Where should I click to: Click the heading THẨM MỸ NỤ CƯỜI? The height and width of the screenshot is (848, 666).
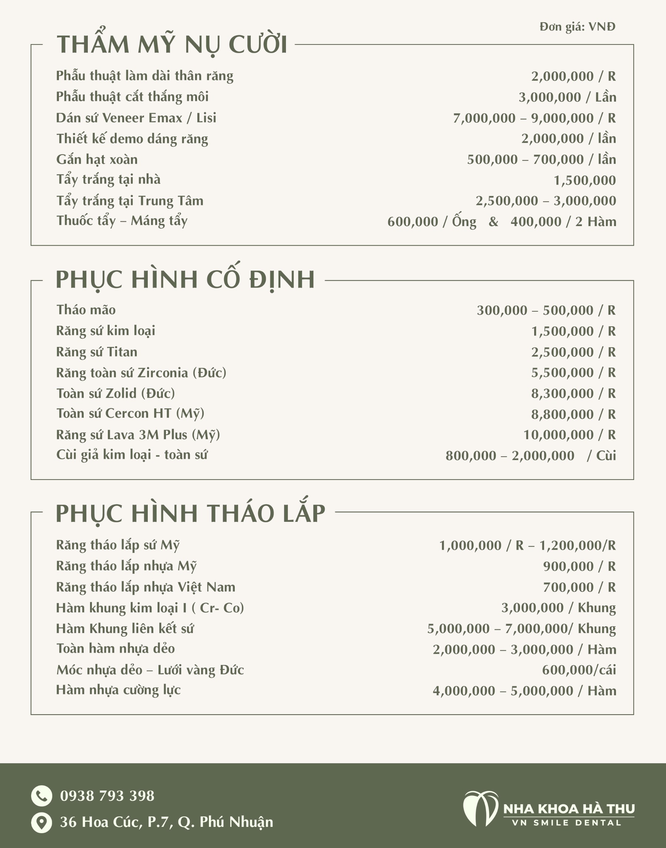click(x=172, y=44)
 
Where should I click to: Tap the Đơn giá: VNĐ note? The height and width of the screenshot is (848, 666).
click(x=577, y=27)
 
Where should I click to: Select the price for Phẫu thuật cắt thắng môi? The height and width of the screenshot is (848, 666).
click(x=567, y=97)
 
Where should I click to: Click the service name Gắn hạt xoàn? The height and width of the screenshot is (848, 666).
click(x=97, y=159)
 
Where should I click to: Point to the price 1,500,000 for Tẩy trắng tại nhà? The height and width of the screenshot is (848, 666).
click(x=585, y=180)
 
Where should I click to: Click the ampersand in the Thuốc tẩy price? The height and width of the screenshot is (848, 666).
click(x=493, y=222)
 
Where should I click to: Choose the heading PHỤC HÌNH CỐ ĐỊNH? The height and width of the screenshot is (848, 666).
click(x=185, y=279)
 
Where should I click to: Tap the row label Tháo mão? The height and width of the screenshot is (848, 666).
click(x=86, y=310)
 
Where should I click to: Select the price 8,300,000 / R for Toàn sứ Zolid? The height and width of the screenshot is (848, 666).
click(x=573, y=393)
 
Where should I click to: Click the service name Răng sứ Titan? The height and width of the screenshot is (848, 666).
click(x=97, y=352)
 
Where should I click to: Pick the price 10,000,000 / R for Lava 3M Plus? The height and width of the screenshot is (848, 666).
click(x=569, y=434)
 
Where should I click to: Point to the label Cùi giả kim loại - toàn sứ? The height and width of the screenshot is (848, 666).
click(x=132, y=455)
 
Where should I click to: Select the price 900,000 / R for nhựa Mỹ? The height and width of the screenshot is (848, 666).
click(x=579, y=566)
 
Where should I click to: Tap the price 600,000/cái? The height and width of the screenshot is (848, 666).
click(x=579, y=670)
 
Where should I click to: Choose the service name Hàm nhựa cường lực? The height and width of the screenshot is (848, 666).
click(x=118, y=690)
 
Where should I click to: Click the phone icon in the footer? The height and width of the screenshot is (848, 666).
click(x=41, y=796)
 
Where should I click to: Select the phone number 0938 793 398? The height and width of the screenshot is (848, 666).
click(x=107, y=796)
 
